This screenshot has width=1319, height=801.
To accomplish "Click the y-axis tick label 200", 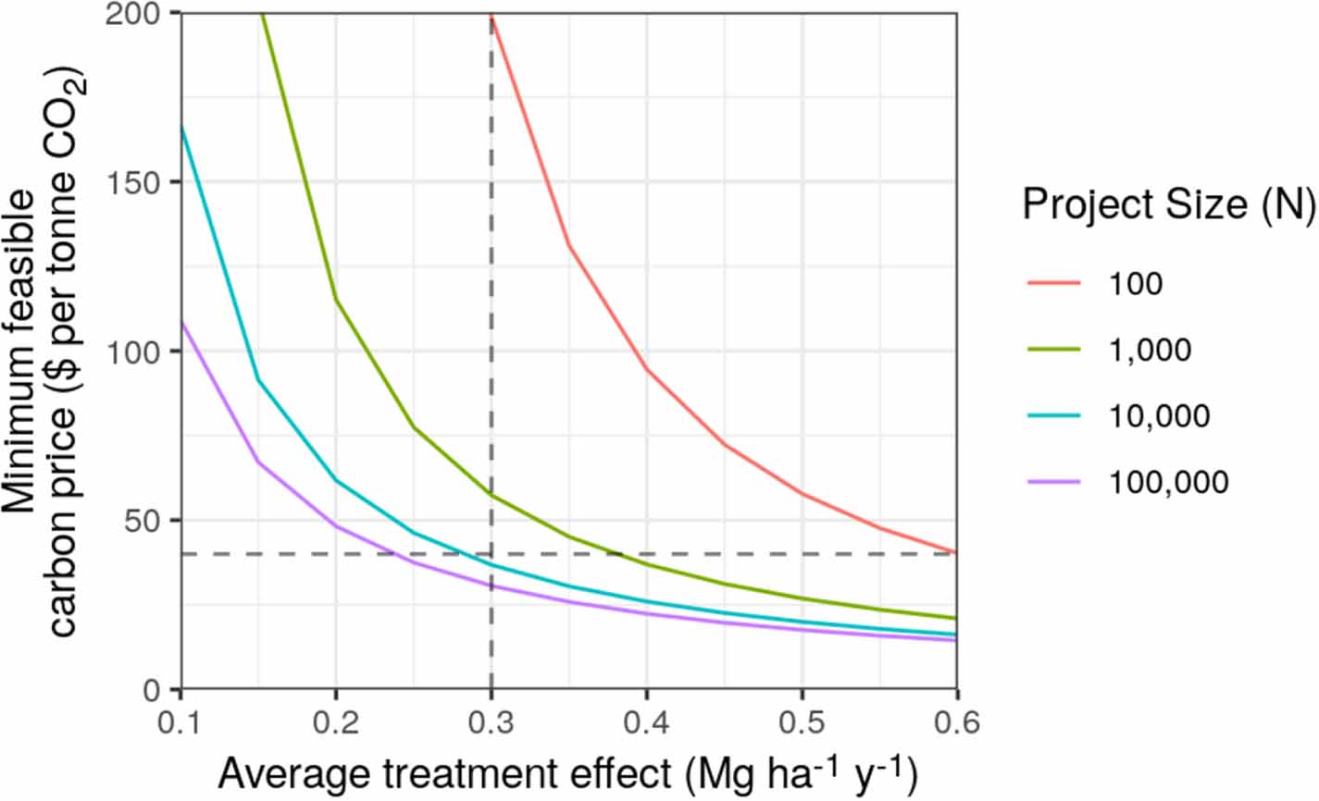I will tap(137, 14).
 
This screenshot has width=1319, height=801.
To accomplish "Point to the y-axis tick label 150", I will tap(137, 182).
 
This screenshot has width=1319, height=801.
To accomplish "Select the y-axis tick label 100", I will tap(137, 351).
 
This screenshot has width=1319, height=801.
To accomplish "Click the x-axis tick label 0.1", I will tap(181, 721).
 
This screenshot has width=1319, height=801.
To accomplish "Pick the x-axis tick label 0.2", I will tap(336, 721).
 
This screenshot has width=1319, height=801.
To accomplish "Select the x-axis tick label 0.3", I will tap(492, 721).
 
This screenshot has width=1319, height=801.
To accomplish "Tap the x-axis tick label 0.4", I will tap(646, 721).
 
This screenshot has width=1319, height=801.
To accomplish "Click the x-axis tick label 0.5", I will tap(802, 721).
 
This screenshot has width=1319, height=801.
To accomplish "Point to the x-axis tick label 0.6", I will tap(955, 721).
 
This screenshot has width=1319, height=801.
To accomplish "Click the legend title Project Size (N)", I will tap(1169, 204).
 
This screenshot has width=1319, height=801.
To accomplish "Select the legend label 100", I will tap(1136, 284).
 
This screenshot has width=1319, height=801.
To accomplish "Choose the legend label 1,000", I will tap(1151, 350).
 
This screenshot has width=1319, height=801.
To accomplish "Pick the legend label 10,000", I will tap(1159, 416).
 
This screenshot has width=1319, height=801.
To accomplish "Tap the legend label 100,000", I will tap(1168, 482).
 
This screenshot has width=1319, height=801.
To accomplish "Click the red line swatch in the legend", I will tap(1053, 284).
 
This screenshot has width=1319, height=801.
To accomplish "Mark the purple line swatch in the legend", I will tap(1053, 482).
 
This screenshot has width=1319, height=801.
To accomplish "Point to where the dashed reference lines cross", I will tap(491, 554).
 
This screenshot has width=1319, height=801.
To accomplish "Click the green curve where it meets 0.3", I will tap(491, 495).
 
